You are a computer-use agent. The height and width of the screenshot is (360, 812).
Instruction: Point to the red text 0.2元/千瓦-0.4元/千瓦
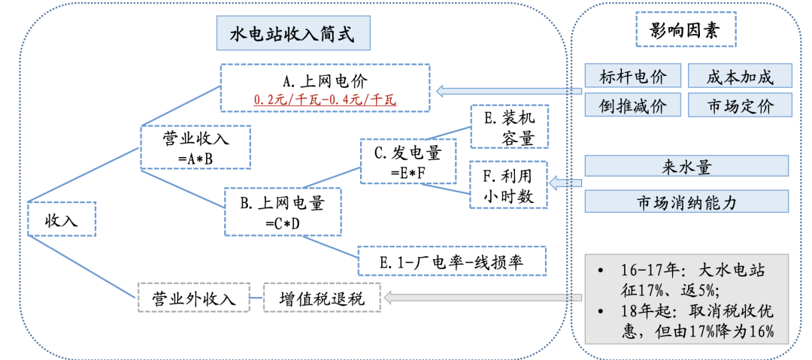tap(325, 98)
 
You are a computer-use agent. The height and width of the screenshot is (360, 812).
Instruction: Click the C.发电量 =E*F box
tap(408, 161)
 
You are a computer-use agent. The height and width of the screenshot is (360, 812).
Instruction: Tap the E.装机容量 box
tap(509, 126)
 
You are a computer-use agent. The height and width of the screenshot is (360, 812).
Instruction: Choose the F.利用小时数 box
tap(509, 184)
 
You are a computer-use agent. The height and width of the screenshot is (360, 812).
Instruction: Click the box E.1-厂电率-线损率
tap(451, 262)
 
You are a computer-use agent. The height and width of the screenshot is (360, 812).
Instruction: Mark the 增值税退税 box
tap(322, 298)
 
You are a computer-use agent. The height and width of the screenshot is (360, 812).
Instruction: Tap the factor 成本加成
tap(740, 76)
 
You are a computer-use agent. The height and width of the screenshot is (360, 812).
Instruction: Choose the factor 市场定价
tap(740, 105)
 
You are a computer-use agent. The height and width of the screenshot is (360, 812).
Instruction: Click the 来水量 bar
tap(686, 167)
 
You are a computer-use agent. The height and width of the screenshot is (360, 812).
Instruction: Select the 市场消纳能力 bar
tap(686, 201)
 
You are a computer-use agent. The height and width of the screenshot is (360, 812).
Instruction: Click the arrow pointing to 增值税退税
tap(481, 298)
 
